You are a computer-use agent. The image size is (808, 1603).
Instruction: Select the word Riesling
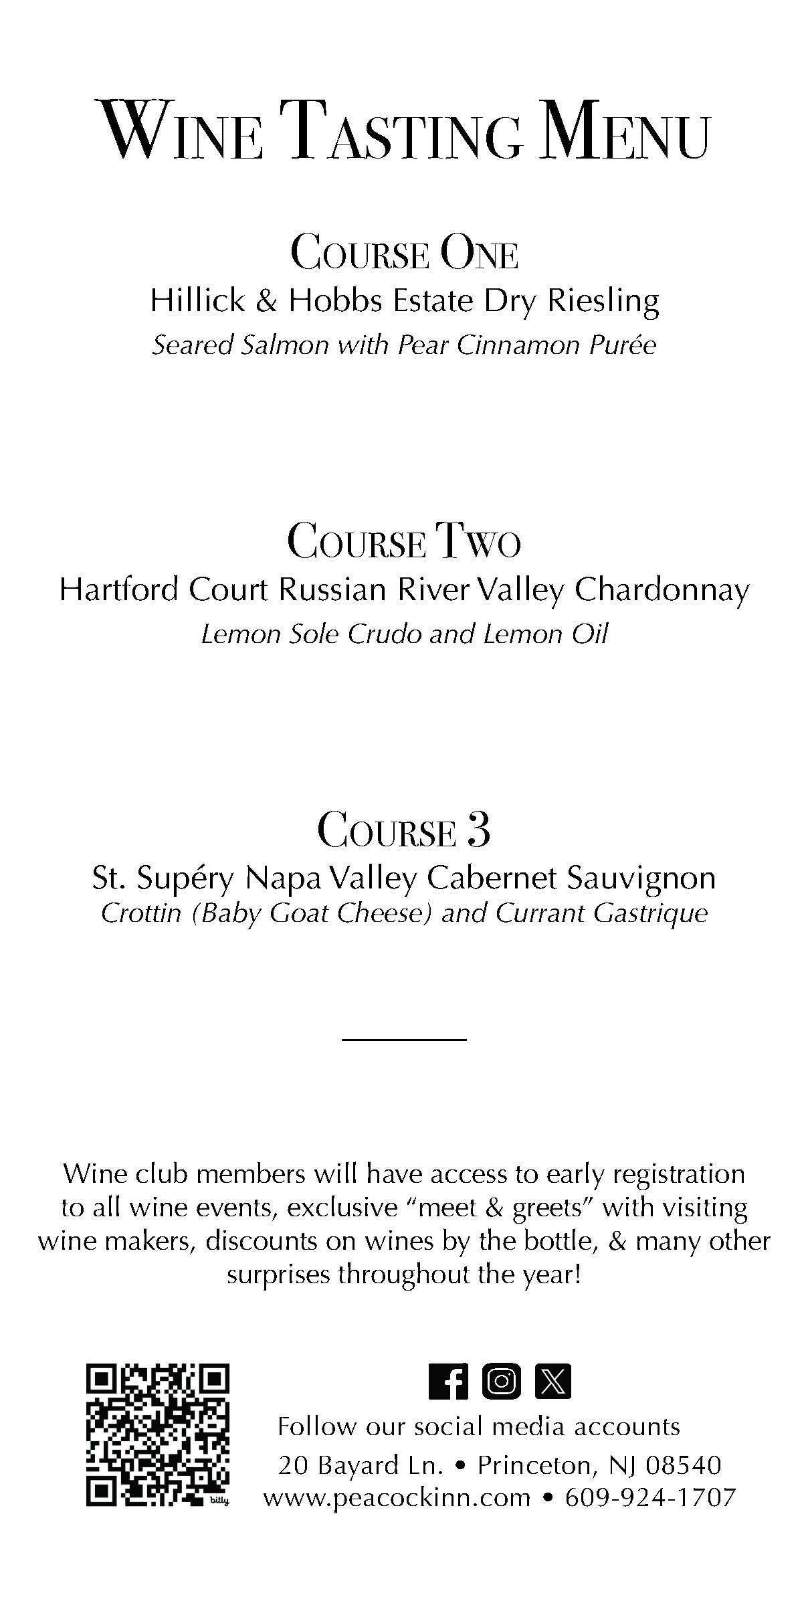click(x=603, y=300)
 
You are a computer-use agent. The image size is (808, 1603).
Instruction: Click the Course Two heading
click(x=404, y=542)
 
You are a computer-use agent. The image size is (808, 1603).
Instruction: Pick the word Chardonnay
click(x=662, y=590)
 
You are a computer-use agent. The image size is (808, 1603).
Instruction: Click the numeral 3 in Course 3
click(x=479, y=830)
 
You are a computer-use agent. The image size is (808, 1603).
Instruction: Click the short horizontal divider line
click(x=403, y=1039)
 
